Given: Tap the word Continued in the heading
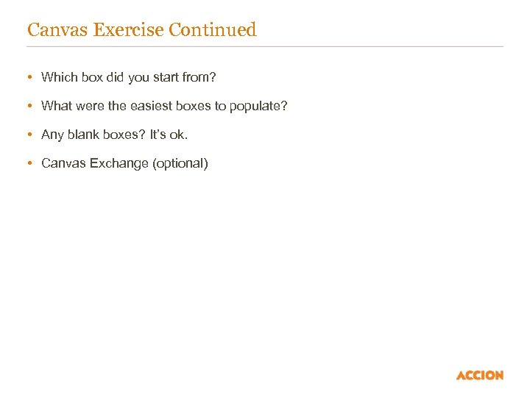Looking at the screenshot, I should [x=212, y=30].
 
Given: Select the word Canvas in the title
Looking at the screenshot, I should [x=54, y=30].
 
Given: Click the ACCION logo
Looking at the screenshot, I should [x=480, y=375].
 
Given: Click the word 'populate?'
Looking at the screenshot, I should [x=258, y=106].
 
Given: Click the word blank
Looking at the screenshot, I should [x=82, y=135].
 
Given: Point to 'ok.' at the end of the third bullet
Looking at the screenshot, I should [x=179, y=135].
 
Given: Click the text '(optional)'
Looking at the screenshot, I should [x=180, y=163].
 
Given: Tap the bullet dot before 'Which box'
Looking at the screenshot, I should [x=29, y=77].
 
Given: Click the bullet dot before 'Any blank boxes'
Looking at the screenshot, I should [x=29, y=135].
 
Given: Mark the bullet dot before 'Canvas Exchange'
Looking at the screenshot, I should [x=29, y=163].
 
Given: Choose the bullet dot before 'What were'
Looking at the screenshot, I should [x=29, y=106].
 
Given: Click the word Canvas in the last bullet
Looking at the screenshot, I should [x=63, y=163].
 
